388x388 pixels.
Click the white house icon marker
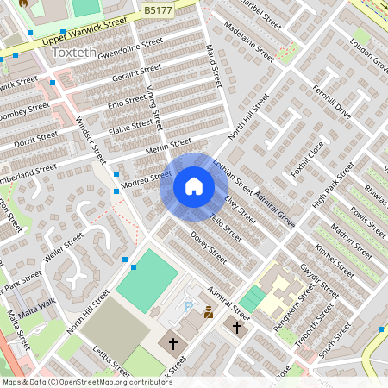coord(194,186)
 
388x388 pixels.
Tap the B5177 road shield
coord(158,9)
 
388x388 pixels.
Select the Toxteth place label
coord(76,53)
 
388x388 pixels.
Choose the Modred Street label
coord(147,179)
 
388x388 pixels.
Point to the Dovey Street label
coord(208,246)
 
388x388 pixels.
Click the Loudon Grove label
coord(371,53)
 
